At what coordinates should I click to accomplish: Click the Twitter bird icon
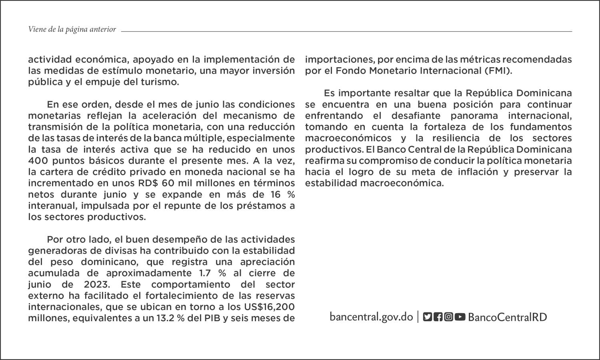(427, 317)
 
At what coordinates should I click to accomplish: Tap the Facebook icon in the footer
(438, 317)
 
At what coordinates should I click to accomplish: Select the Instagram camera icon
(449, 317)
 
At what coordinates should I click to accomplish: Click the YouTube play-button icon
(460, 317)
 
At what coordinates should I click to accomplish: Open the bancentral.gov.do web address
(371, 317)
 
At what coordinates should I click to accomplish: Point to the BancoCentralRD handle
(507, 317)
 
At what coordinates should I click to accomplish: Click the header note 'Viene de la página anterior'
(72, 29)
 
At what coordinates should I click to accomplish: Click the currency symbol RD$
(150, 183)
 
